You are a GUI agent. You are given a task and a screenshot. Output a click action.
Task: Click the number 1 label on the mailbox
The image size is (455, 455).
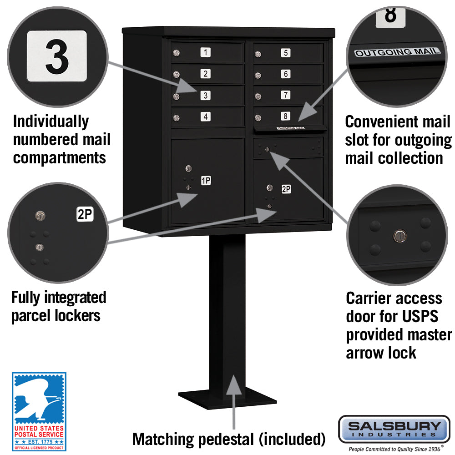click(x=206, y=53)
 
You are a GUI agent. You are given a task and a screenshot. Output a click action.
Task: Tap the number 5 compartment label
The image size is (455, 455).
click(x=285, y=53)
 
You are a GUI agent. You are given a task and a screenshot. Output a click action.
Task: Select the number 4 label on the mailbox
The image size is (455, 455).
click(x=206, y=117)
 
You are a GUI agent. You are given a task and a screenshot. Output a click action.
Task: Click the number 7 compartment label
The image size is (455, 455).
click(x=285, y=95)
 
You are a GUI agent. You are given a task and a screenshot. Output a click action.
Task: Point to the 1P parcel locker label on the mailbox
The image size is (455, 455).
click(x=206, y=181)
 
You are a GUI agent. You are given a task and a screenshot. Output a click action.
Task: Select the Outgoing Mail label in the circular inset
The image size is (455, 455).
click(x=398, y=52)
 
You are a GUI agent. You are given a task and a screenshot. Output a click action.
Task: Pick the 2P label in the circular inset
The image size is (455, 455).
click(x=85, y=214)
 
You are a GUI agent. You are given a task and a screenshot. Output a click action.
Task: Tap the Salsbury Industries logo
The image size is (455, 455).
click(x=394, y=429)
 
